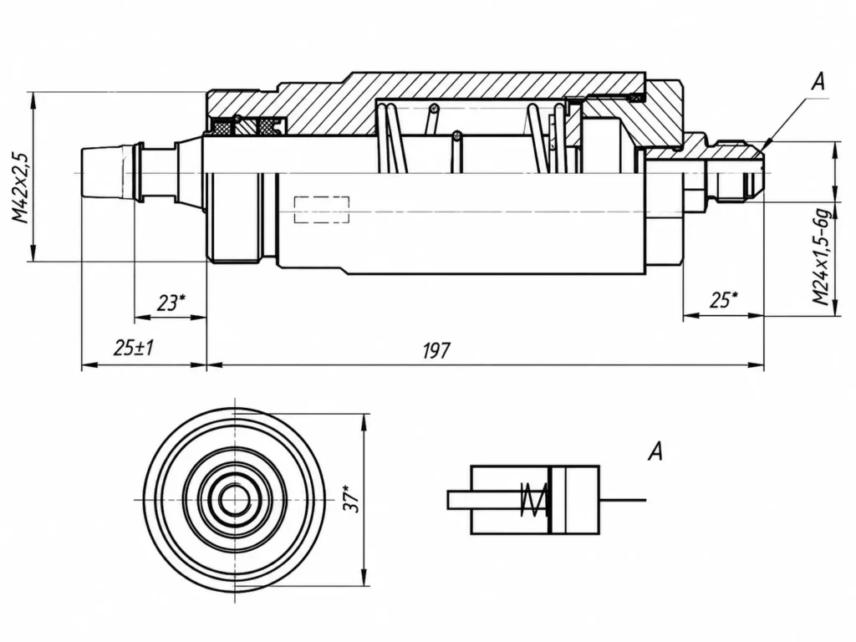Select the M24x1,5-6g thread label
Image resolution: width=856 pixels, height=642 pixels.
click(822, 257)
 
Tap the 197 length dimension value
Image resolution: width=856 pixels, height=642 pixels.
click(436, 350)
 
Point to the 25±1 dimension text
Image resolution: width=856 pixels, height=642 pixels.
click(134, 347)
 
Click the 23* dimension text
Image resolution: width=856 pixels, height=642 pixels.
click(171, 302)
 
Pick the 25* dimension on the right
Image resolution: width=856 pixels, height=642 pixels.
click(724, 299)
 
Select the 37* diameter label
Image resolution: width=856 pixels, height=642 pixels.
click(353, 498)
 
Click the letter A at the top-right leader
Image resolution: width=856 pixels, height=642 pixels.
click(818, 82)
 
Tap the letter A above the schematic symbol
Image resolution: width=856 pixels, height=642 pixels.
click(655, 452)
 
